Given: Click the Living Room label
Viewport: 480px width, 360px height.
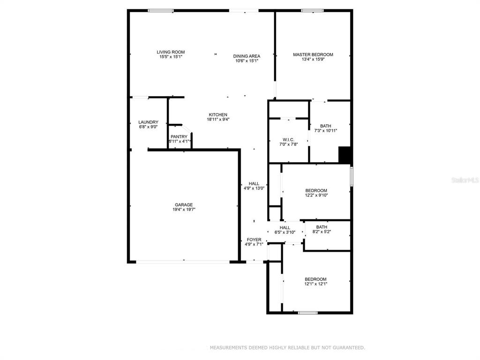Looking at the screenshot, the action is tap(171, 52).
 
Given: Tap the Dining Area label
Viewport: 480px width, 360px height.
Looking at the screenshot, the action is tap(247, 56).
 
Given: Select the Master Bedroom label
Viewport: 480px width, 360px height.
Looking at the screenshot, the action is tap(313, 54).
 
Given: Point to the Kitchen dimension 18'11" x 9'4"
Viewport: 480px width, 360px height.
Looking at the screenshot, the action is tap(218, 120).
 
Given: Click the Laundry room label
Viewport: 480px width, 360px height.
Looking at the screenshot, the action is tap(148, 122).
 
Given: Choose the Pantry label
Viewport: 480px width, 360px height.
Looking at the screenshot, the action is tap(179, 136).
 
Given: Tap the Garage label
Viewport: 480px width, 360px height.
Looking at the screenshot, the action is tap(184, 205).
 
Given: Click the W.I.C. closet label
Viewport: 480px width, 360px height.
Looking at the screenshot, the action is tap(288, 140).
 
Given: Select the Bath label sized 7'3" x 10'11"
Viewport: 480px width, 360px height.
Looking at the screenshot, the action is tap(325, 126).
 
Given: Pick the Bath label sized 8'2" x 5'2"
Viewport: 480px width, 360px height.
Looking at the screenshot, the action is tap(322, 227).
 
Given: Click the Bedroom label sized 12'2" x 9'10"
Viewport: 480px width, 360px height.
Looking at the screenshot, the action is tap(316, 190).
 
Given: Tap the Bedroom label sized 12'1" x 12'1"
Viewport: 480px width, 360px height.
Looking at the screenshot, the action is tap(315, 279).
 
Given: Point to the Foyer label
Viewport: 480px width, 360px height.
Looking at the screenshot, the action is tap(254, 240).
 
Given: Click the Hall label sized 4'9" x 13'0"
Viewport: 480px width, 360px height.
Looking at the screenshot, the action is tap(254, 184).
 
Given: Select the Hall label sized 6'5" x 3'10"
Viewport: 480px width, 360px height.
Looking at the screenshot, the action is tap(285, 227).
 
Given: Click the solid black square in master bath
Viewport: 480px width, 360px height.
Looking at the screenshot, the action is tap(345, 155).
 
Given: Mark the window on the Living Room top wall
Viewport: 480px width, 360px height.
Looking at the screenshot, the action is tap(161, 11).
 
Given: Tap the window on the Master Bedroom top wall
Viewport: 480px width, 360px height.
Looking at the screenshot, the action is tap(312, 11).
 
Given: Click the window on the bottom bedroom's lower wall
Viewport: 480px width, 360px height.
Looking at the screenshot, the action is tap(308, 313).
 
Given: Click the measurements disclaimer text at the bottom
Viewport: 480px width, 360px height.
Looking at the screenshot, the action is tap(287, 347).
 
